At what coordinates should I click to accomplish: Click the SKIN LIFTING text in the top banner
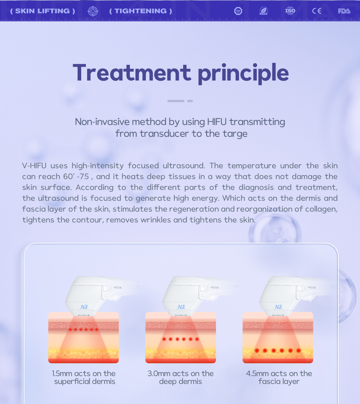(42, 11)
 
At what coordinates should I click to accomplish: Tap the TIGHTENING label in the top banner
(141, 11)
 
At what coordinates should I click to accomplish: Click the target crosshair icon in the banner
(93, 11)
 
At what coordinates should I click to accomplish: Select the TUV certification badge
(238, 11)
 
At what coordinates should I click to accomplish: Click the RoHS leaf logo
(263, 11)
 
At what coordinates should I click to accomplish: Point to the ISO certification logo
(290, 11)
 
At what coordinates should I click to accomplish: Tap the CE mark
(317, 11)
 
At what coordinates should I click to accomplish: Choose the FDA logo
(344, 11)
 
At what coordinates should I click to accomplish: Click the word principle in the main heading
(243, 74)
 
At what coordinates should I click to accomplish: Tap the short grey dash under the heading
(190, 101)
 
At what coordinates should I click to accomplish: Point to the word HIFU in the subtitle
(217, 122)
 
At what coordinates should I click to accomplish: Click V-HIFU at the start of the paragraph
(34, 166)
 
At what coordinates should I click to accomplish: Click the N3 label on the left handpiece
(84, 307)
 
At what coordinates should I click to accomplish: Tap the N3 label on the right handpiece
(278, 307)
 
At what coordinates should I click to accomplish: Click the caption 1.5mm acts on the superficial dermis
(84, 377)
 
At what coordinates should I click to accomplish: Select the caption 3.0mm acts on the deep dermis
(180, 377)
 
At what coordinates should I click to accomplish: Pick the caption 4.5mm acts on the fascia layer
(279, 377)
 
